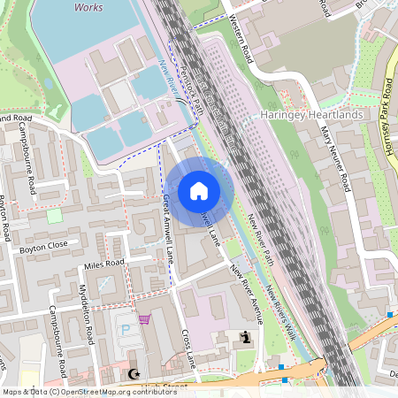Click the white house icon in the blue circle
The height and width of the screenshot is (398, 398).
point(199,190)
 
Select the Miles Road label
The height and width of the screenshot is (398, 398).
point(103,264)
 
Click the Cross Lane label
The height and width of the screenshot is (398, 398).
point(189,349)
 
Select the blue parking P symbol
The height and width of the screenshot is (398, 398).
point(125,329)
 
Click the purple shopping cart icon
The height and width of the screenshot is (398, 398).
point(144,319)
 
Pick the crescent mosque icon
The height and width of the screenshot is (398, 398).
point(134,375)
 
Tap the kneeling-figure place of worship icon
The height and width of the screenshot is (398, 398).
point(245,337)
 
